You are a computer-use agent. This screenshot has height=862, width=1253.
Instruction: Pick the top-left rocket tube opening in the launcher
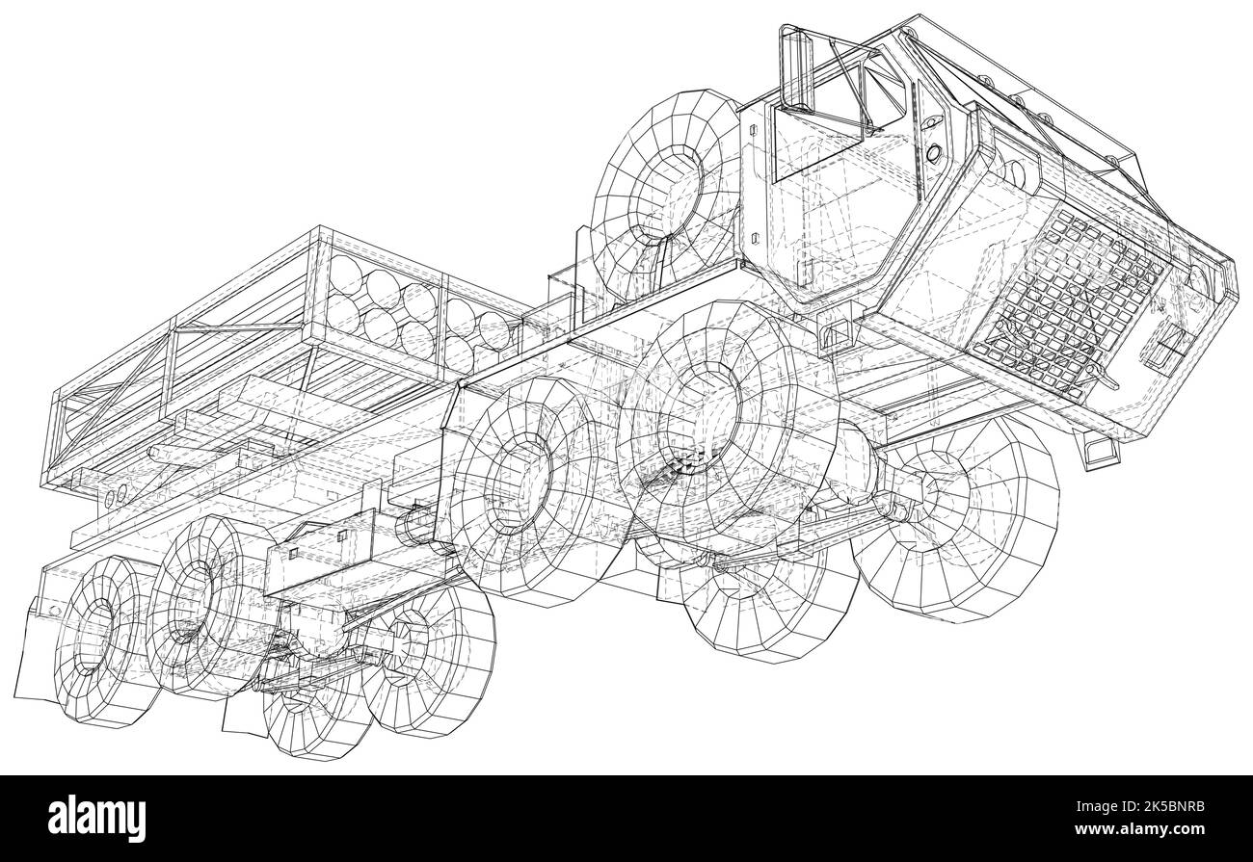click(344, 282)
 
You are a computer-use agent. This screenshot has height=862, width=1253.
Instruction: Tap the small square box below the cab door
click(837, 332)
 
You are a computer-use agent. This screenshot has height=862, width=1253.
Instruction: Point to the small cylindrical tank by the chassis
click(420, 525)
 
